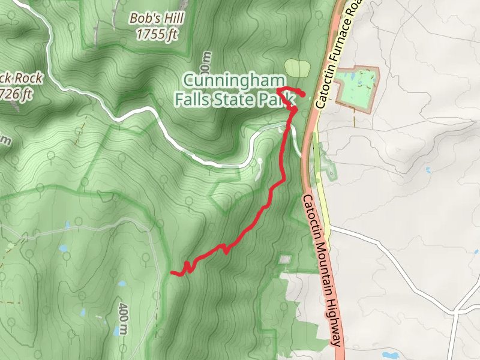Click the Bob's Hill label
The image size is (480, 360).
click(x=157, y=18)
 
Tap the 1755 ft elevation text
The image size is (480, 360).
click(x=157, y=34)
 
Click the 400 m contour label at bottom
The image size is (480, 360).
click(x=123, y=317)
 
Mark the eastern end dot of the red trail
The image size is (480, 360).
click(x=302, y=94)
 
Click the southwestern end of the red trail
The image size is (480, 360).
click(x=173, y=273)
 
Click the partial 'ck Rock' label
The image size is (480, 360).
click(x=22, y=78)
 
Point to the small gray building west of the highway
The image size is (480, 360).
click(x=285, y=259)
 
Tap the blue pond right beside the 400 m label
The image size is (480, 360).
click(x=122, y=284)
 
